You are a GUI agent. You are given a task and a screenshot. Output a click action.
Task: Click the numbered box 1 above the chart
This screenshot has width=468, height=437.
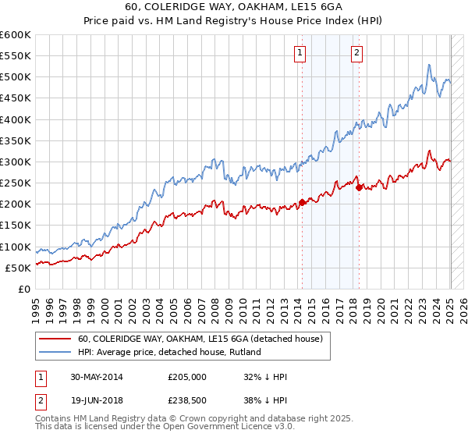point(300,53)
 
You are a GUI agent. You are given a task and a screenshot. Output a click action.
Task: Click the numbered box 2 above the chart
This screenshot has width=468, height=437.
point(356,53)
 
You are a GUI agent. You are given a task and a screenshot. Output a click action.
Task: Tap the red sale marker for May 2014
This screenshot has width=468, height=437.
point(302,202)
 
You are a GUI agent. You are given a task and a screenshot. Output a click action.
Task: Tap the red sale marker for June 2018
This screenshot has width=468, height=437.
point(359,187)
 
